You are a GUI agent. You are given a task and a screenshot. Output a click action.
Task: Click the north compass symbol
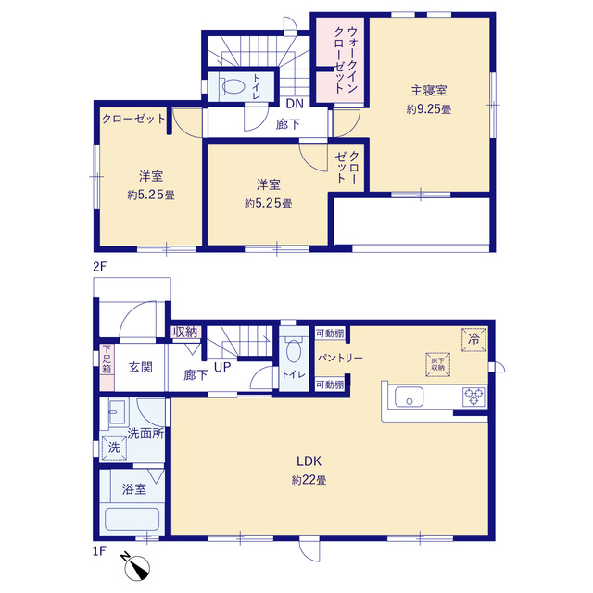(x=138, y=567)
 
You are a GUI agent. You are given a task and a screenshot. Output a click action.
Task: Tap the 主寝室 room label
(x=429, y=91)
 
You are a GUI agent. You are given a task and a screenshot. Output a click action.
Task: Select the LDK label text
(x=309, y=461)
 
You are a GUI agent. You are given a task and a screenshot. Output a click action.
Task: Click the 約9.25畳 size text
(x=429, y=109)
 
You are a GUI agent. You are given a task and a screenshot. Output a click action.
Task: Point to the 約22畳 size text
(x=309, y=480)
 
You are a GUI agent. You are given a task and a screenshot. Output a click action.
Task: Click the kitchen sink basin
(x=409, y=397)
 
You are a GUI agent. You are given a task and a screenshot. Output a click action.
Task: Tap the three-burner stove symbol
(x=474, y=397)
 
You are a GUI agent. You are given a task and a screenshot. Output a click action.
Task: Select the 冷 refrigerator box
(x=473, y=339)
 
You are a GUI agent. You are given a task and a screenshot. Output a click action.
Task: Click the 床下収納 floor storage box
(x=437, y=364)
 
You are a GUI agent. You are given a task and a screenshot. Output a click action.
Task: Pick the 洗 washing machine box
(x=114, y=448)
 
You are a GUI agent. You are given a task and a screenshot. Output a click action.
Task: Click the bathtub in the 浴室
(x=132, y=519)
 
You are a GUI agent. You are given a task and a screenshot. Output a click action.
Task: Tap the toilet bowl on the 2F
(x=233, y=86)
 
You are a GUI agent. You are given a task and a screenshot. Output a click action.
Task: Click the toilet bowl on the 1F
(x=294, y=351)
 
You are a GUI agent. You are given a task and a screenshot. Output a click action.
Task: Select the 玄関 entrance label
(x=140, y=367)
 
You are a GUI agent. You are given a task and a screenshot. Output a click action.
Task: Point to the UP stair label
(x=222, y=367)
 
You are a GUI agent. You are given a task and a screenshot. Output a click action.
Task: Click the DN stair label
(x=295, y=104)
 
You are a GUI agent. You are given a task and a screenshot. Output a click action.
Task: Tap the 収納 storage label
(x=185, y=332)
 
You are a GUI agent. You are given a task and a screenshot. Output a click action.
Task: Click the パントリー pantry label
(x=340, y=358)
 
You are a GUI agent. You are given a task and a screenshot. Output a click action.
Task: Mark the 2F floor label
(x=100, y=267)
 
